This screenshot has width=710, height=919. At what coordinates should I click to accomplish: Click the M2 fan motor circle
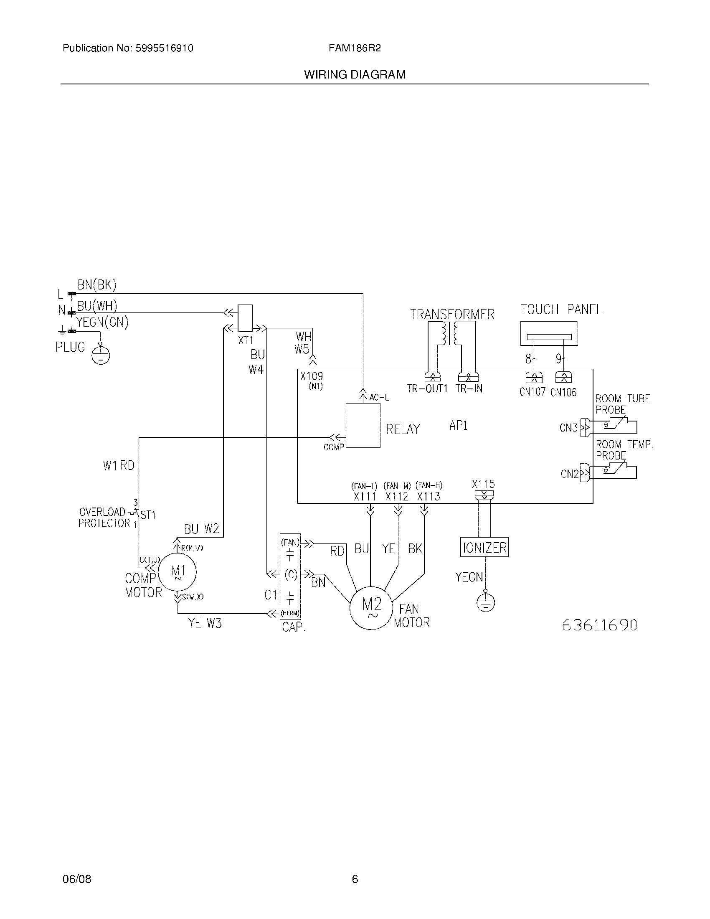(371, 608)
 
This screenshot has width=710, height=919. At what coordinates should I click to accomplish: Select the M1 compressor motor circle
(178, 572)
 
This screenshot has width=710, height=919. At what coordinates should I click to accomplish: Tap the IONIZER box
(484, 548)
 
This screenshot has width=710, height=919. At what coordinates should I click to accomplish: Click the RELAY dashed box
(363, 425)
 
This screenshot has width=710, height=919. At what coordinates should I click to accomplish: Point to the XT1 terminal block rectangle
(245, 318)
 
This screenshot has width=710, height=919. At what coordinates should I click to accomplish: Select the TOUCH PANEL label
(561, 310)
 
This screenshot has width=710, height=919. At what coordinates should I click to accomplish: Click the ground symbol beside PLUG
(101, 356)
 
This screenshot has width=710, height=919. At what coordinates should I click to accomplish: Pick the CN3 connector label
(568, 428)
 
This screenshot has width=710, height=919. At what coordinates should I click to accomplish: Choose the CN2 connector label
(570, 474)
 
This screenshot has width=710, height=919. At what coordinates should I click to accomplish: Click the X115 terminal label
(483, 484)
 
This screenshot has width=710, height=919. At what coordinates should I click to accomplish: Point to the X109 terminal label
(311, 376)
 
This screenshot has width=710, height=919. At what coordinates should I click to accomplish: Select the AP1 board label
(458, 425)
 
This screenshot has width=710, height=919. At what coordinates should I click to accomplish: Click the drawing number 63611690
(599, 625)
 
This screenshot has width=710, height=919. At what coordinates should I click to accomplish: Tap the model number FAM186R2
(355, 48)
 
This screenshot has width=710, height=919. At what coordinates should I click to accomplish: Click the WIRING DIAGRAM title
(355, 75)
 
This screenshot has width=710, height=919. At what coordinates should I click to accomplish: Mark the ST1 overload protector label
(148, 515)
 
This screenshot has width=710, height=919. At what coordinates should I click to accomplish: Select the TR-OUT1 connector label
(427, 389)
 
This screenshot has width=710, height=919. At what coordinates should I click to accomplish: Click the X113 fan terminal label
(428, 497)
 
